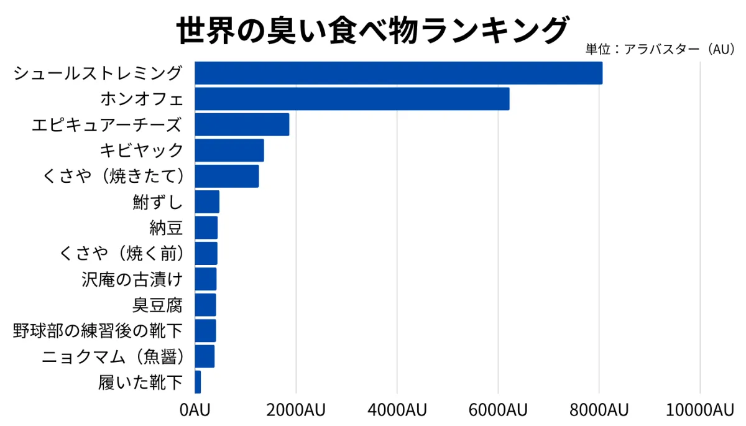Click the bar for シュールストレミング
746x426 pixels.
(398, 73)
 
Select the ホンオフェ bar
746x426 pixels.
(352, 99)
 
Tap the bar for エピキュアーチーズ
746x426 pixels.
(242, 124)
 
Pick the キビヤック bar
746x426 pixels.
(229, 150)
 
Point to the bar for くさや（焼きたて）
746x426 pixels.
(226, 176)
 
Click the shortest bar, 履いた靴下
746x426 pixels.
(198, 382)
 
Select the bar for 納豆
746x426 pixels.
(206, 228)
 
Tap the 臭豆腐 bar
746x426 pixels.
(205, 305)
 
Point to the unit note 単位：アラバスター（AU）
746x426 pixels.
(661, 50)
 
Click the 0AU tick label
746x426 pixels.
(195, 410)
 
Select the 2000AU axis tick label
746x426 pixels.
(295, 410)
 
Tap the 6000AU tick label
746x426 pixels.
(497, 410)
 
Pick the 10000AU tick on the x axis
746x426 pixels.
(699, 410)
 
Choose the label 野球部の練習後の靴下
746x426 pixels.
(98, 330)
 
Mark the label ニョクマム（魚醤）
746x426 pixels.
(113, 356)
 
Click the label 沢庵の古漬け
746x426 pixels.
(132, 279)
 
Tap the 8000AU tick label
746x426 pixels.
(599, 410)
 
